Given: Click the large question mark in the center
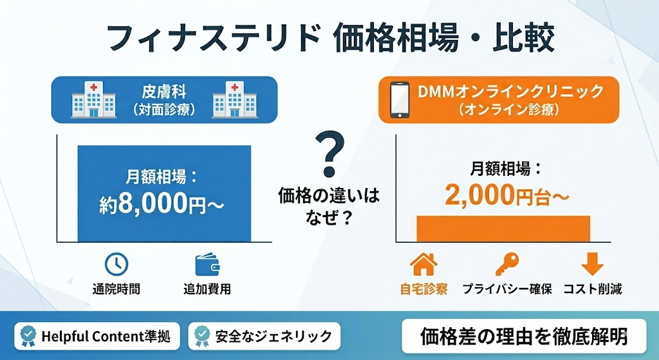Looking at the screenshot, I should click(329, 154).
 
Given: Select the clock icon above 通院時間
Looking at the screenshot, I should click(116, 263).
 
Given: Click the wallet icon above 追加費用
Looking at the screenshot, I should click(207, 263).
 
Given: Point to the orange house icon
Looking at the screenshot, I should click(423, 263).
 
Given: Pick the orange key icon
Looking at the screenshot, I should click(507, 263).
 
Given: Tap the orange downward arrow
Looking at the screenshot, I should click(592, 263).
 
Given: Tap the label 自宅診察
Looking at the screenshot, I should click(423, 289).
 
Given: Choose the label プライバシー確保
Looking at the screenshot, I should click(507, 289).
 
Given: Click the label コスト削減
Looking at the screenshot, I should click(592, 289).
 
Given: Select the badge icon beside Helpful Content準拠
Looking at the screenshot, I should click(28, 336).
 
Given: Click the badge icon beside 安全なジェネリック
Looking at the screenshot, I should click(202, 336).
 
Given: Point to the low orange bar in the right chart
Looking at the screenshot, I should click(503, 228).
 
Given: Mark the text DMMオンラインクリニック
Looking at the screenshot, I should click(511, 91).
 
